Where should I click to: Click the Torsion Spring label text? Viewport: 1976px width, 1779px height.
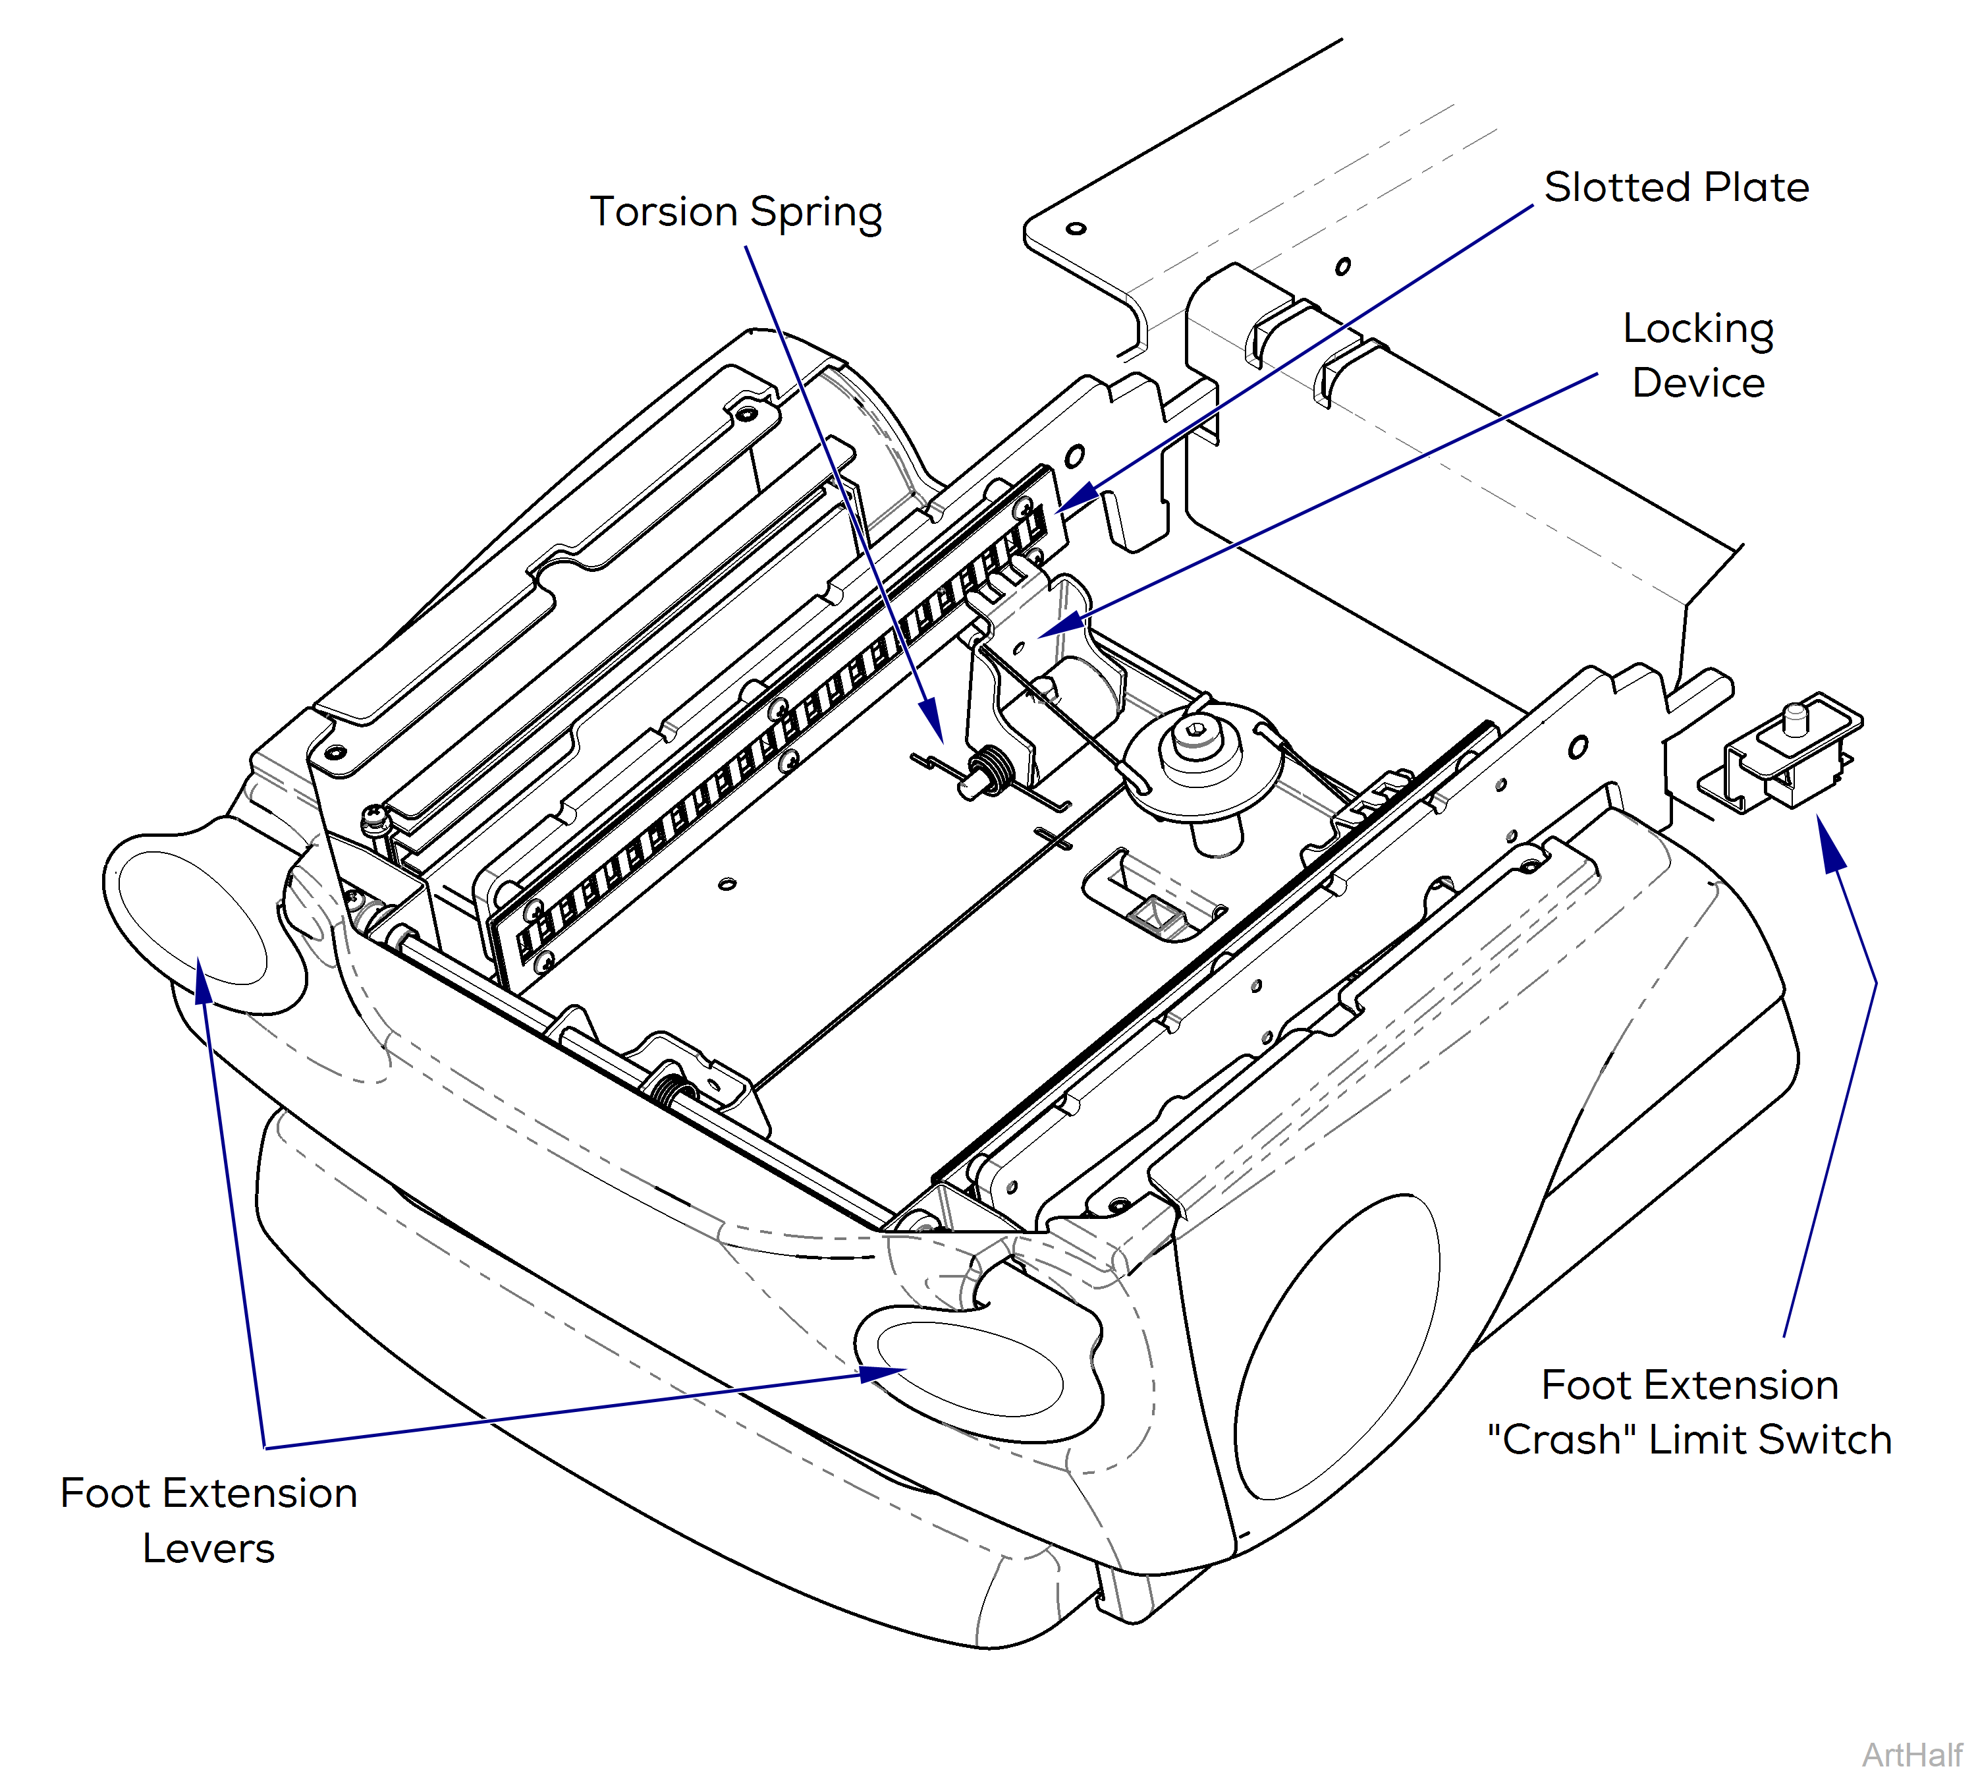(735, 212)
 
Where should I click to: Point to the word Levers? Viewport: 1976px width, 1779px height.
(208, 1548)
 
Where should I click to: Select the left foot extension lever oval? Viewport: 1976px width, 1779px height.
(192, 917)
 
